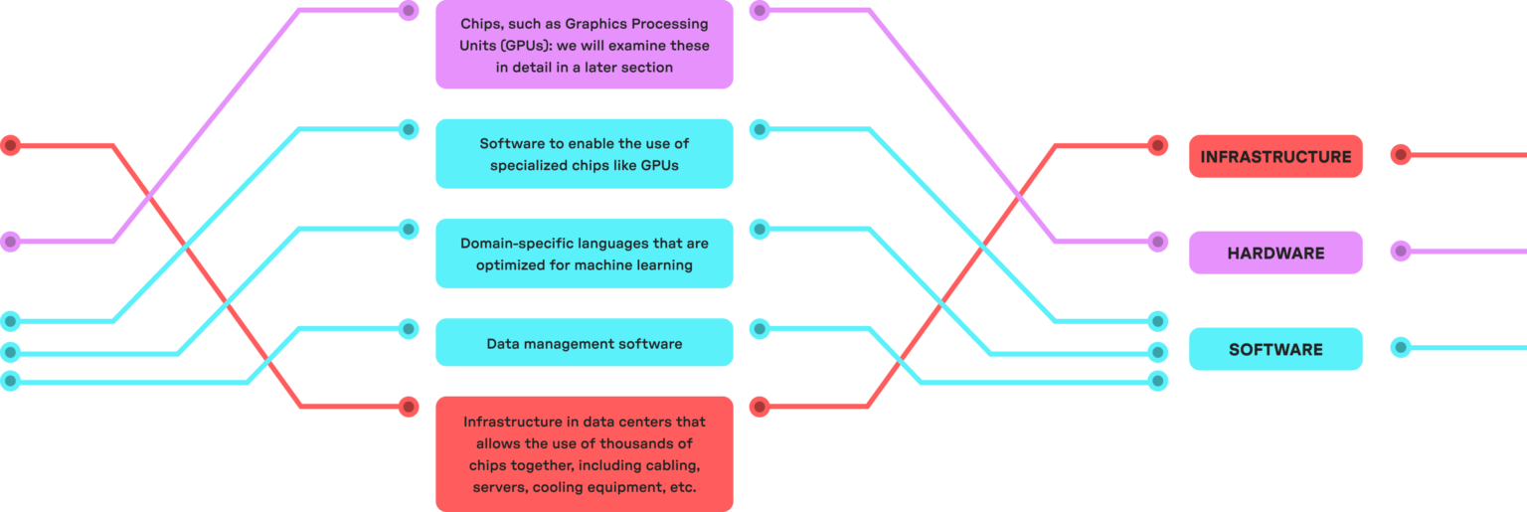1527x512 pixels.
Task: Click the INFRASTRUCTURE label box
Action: [1275, 156]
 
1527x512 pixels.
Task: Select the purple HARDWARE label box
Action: [1275, 253]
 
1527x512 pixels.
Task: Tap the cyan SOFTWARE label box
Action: [1275, 349]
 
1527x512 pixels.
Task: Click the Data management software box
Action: [585, 342]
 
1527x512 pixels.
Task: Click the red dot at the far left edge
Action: [10, 145]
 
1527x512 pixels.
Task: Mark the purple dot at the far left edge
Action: [10, 242]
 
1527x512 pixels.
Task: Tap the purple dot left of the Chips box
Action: [409, 10]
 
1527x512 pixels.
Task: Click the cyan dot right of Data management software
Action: [760, 329]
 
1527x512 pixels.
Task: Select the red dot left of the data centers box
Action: [409, 407]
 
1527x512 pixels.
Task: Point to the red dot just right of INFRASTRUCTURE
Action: [1400, 155]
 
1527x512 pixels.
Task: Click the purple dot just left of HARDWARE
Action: [1157, 242]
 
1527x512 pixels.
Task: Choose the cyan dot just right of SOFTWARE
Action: [1400, 348]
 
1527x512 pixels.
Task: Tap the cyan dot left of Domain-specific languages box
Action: [409, 229]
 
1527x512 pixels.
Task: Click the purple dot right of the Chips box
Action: [760, 10]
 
